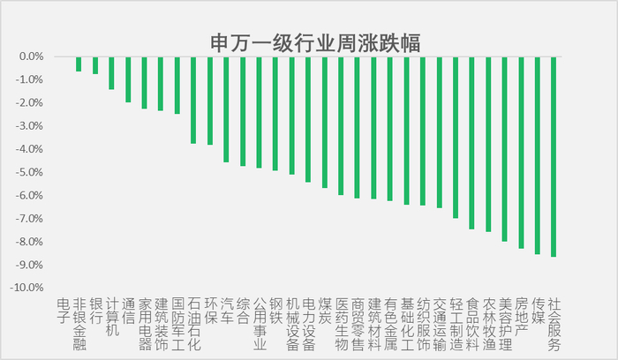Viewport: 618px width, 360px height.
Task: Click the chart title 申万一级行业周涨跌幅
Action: click(x=315, y=42)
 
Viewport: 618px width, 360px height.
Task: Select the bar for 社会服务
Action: click(x=554, y=157)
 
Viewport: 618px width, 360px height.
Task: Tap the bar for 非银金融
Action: click(x=79, y=64)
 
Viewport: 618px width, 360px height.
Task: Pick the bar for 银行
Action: click(x=95, y=65)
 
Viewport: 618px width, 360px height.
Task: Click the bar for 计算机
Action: click(x=111, y=73)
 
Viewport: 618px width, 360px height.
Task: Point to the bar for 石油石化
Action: click(x=193, y=100)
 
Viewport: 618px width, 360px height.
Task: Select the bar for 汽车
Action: click(x=226, y=109)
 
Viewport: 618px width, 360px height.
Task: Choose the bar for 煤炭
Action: click(x=325, y=122)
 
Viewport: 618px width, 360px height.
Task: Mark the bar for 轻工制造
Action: click(x=456, y=138)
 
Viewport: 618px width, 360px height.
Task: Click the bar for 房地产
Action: click(x=521, y=153)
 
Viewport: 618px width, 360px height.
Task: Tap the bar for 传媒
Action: click(x=538, y=155)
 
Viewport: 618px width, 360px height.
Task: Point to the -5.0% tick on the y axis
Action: click(x=29, y=173)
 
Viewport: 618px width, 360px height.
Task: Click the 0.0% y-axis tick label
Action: click(x=32, y=56)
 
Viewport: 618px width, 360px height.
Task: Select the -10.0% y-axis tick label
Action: click(x=26, y=288)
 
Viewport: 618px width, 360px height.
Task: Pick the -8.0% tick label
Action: click(x=29, y=242)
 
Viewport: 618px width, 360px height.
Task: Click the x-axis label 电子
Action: click(x=63, y=311)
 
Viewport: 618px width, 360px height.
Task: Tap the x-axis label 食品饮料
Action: click(x=472, y=324)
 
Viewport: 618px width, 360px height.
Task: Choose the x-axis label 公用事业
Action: click(x=260, y=324)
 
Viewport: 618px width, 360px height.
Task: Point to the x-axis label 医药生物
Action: click(x=342, y=324)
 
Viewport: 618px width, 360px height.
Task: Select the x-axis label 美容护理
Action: click(x=505, y=324)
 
